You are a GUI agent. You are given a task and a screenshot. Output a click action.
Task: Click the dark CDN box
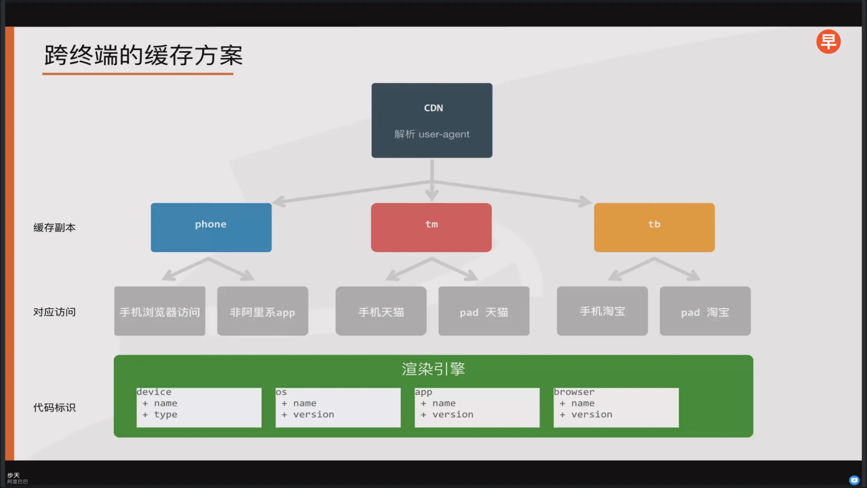click(x=432, y=120)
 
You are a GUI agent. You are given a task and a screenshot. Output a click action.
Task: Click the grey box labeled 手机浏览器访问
click(x=159, y=311)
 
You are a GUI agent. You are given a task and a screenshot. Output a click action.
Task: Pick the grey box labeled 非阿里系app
click(x=263, y=311)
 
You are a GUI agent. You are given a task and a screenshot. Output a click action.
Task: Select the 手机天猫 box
click(x=381, y=311)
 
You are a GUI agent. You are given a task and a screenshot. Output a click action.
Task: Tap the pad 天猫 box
click(x=484, y=311)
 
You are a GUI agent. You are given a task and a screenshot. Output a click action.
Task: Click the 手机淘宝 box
click(x=602, y=311)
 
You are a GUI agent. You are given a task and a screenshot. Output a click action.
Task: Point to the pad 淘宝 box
click(x=705, y=311)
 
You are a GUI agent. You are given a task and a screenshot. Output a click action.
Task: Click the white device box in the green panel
click(x=199, y=407)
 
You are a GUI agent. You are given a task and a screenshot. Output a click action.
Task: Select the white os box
click(x=338, y=407)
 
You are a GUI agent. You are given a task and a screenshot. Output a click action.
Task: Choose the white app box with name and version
click(x=477, y=407)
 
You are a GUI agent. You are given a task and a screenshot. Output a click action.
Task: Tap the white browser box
click(x=616, y=407)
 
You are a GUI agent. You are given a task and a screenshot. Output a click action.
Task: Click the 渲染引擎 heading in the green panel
click(x=433, y=369)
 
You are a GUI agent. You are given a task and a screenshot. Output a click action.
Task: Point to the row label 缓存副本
click(x=54, y=228)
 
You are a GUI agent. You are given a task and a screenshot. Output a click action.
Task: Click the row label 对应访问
click(x=54, y=312)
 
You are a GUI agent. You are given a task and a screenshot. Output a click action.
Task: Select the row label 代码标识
click(x=54, y=407)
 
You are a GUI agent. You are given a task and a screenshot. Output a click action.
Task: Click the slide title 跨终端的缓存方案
click(x=143, y=56)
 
